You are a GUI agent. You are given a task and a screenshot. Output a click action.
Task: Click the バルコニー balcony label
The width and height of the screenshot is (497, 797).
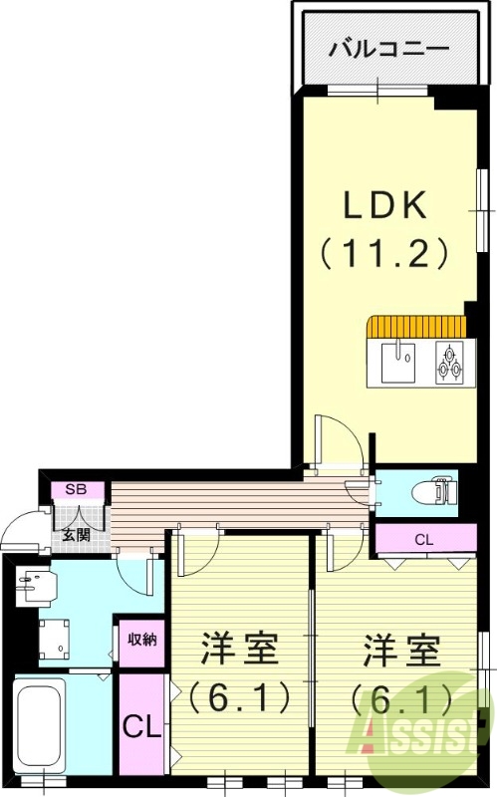point(389,47)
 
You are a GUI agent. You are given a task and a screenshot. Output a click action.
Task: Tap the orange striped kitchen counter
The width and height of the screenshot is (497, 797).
point(416,327)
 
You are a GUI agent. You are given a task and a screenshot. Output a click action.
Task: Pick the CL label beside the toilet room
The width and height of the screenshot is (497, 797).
point(423,540)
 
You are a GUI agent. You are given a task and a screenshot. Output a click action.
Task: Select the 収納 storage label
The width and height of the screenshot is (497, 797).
point(140,640)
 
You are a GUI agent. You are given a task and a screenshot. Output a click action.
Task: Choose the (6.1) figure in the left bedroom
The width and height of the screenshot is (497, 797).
point(239,693)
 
